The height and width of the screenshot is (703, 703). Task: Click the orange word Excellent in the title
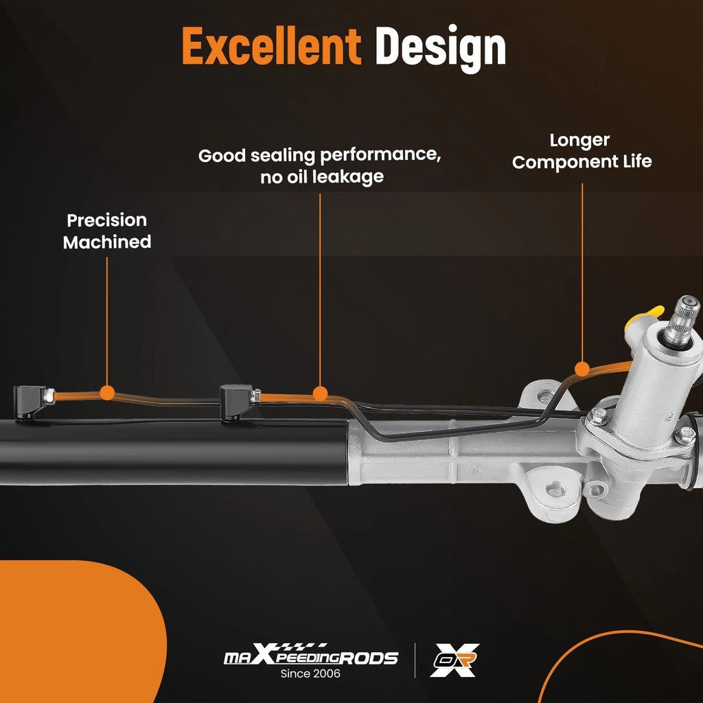tap(271, 46)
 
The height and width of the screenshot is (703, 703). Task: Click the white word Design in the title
tap(440, 49)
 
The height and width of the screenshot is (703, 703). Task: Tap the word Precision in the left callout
tap(106, 220)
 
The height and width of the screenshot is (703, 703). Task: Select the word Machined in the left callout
tap(106, 242)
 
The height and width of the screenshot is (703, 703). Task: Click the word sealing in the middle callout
tap(283, 156)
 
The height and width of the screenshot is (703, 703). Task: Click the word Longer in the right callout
tap(579, 141)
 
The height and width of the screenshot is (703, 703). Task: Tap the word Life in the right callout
tap(637, 161)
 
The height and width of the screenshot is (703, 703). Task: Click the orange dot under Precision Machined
tap(106, 393)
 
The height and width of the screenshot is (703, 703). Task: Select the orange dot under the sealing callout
tap(320, 393)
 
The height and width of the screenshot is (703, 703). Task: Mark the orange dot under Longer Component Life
tap(582, 369)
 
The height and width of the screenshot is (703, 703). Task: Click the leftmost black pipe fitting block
tap(30, 402)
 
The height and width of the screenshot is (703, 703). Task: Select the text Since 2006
tap(310, 673)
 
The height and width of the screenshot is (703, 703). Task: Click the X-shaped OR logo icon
tap(454, 660)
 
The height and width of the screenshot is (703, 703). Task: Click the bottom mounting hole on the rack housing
tap(555, 489)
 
